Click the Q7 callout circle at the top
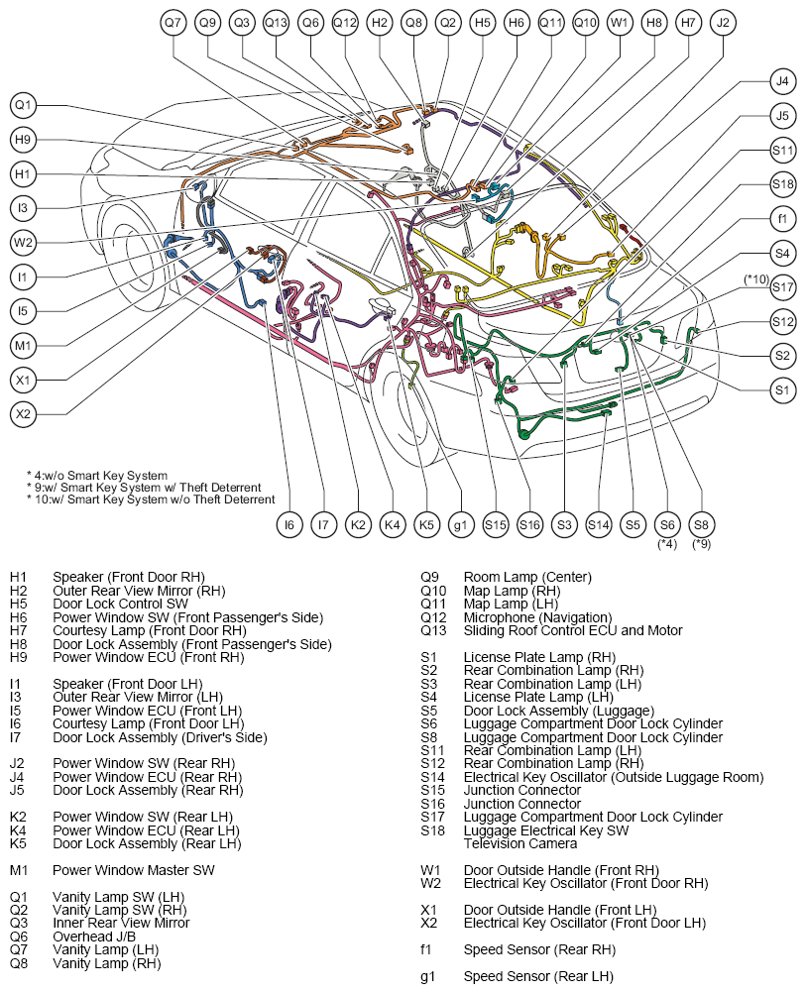coord(173,23)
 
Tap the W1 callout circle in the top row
coord(619,23)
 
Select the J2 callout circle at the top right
coord(723,23)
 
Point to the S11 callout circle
coord(782,150)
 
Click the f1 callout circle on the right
coord(782,219)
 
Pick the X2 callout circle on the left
coord(23,414)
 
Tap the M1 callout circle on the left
coord(23,346)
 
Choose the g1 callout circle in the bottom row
coord(461,524)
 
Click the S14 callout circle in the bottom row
coord(598,524)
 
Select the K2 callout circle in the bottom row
coord(358,524)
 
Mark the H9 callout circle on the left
coord(23,140)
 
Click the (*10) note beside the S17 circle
coord(756,278)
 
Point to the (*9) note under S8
coord(701,543)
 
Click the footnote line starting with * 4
coord(97,475)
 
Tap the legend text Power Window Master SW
coord(134,870)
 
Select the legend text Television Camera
coord(520,843)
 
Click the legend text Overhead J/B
coord(94,937)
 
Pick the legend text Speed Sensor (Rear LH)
coord(538,976)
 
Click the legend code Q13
coord(433,630)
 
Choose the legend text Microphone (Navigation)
coord(538,617)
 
